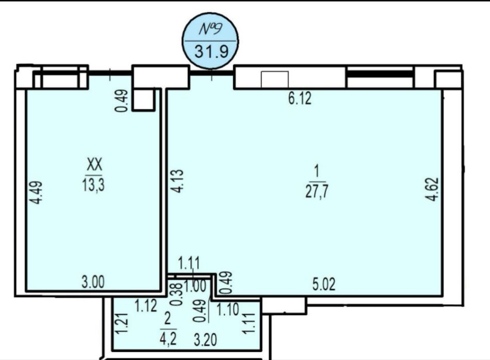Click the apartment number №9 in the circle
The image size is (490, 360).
[211, 29]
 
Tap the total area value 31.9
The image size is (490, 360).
[211, 51]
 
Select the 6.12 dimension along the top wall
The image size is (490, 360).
[300, 99]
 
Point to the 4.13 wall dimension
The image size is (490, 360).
[177, 181]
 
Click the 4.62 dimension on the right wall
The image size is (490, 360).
[434, 189]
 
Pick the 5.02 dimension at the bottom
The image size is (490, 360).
[324, 284]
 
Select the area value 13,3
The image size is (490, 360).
[94, 185]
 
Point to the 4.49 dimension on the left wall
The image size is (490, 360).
[38, 193]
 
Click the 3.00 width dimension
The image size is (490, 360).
[93, 282]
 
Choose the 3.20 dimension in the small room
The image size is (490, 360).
[205, 340]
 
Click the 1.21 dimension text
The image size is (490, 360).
[122, 323]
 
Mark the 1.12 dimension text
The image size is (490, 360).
[146, 306]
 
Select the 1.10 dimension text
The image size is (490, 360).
[228, 310]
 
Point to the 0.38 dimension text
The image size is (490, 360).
[177, 294]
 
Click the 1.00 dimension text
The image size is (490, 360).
[195, 286]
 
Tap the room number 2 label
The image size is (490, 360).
[167, 320]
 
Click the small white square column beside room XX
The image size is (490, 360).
[143, 99]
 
